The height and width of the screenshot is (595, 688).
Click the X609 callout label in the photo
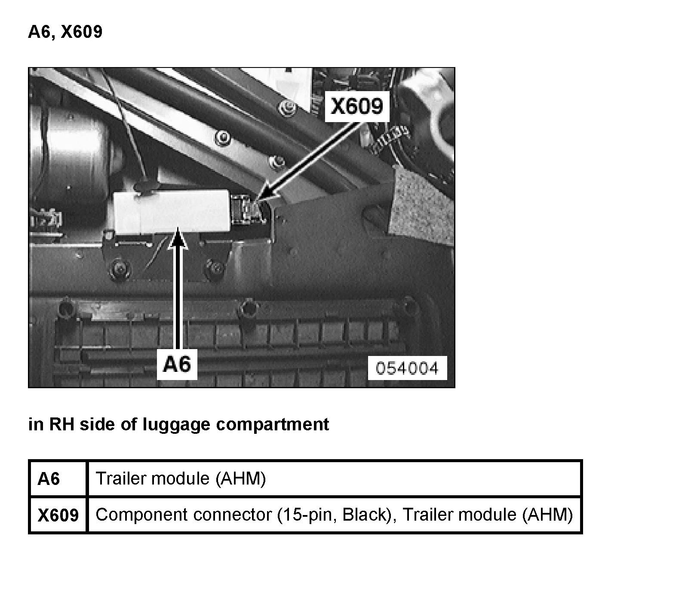pos(357,106)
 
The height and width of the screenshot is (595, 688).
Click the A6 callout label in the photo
pos(177,365)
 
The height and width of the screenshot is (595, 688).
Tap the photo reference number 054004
pos(407,368)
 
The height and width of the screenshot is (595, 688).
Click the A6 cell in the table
pos(49,478)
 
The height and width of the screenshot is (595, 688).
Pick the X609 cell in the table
pos(58,515)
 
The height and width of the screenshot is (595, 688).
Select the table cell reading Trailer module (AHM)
pos(181,478)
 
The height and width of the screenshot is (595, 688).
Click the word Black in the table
pos(365,515)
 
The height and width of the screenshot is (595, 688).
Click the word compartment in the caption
pos(273,424)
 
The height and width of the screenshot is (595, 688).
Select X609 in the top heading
pos(82,32)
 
